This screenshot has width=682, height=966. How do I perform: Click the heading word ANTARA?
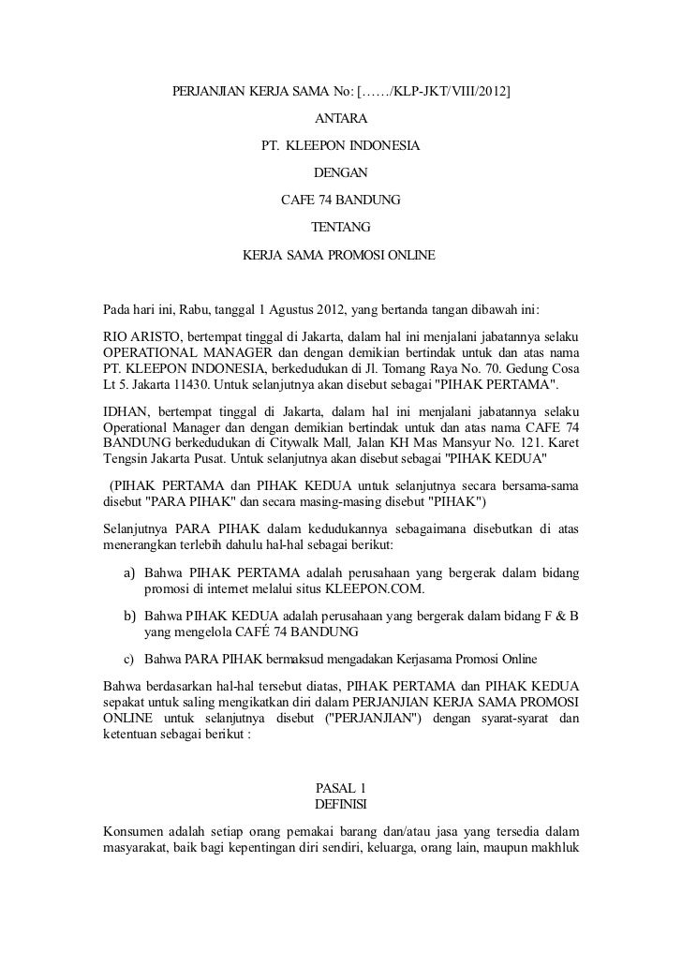[340, 120]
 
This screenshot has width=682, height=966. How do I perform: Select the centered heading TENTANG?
[340, 228]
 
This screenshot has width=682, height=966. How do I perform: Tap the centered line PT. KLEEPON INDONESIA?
[340, 147]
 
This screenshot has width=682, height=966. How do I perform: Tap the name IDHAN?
[125, 413]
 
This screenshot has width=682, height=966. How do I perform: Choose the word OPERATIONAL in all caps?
[148, 352]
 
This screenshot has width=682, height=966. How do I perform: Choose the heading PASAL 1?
[340, 788]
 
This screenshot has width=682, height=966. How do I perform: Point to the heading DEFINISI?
[340, 805]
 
